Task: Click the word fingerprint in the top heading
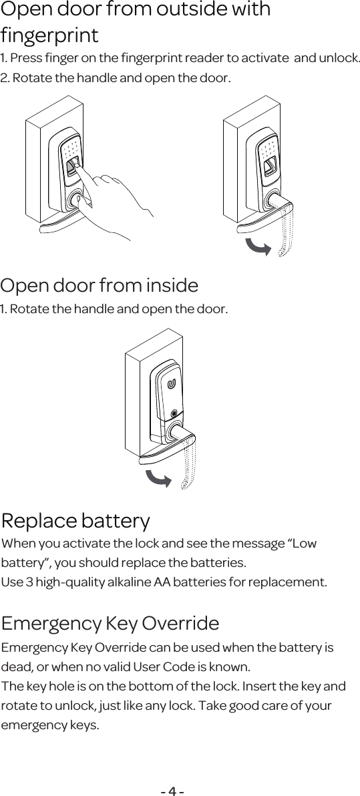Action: tap(49, 35)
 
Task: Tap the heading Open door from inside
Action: tap(100, 286)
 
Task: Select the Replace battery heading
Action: tap(76, 520)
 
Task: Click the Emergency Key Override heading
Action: tap(110, 624)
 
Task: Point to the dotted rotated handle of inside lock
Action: tap(190, 464)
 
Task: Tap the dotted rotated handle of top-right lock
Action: tap(286, 230)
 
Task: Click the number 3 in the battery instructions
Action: tap(28, 581)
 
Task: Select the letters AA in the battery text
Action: tap(162, 581)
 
